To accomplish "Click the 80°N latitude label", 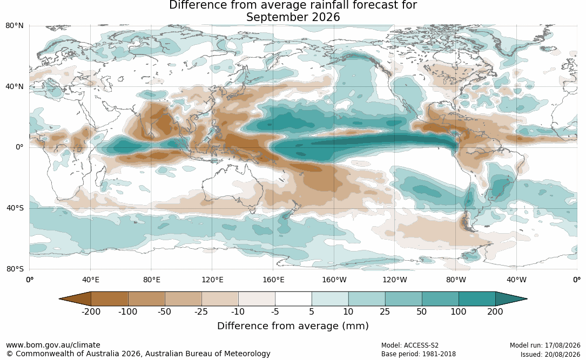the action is coord(14,26).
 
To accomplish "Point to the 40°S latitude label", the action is coord(15,208).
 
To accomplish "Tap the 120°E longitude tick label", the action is coord(212,280).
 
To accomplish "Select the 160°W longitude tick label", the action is coord(334,280).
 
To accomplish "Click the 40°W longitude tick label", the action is coord(516,280).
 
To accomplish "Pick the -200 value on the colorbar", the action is coord(91,311).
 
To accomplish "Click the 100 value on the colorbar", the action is coord(459,311).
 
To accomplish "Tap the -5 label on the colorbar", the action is coord(275,311).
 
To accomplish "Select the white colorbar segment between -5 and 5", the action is coord(293,299).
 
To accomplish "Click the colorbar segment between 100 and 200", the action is coord(477,299).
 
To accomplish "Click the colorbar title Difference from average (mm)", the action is coord(293,325).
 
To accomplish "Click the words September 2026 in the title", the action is coord(293,17).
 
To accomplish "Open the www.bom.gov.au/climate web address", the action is coord(53,345).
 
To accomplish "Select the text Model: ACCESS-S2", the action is coord(409,345).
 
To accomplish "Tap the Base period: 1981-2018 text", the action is coord(418,354).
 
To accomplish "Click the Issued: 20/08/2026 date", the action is coord(550,354).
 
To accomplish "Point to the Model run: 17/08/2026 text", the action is coord(545,345).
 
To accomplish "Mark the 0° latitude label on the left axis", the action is coord(19,147).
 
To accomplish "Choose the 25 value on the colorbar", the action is coord(385,311).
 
